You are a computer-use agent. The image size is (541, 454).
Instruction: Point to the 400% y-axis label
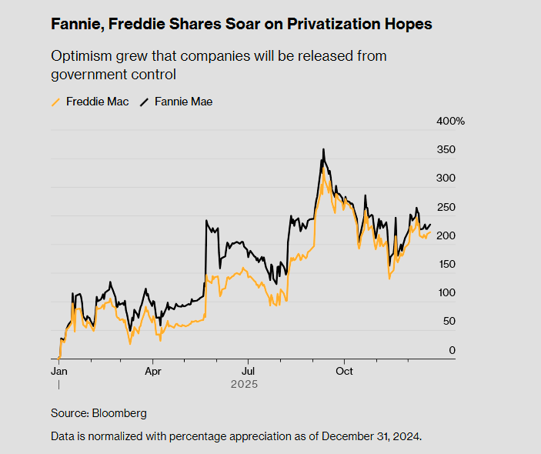click(451, 122)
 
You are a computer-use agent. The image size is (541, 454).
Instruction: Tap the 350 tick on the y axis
click(447, 149)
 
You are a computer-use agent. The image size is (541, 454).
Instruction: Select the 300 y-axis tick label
click(447, 178)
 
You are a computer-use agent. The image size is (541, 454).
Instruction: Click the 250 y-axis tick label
click(447, 207)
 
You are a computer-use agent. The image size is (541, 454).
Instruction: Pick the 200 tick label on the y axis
click(447, 235)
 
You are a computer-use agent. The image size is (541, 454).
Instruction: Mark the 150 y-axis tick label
click(447, 264)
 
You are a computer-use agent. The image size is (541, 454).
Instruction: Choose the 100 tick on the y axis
click(447, 293)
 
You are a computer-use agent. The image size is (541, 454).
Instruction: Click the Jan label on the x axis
click(58, 370)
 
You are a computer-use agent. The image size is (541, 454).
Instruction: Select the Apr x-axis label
click(153, 370)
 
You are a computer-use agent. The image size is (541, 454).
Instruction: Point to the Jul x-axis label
click(248, 370)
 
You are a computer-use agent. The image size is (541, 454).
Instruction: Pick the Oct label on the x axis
click(344, 370)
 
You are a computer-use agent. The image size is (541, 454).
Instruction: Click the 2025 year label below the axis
click(243, 384)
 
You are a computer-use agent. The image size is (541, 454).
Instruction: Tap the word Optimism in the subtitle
click(79, 57)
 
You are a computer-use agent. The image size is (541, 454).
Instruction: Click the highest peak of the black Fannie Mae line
click(323, 149)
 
